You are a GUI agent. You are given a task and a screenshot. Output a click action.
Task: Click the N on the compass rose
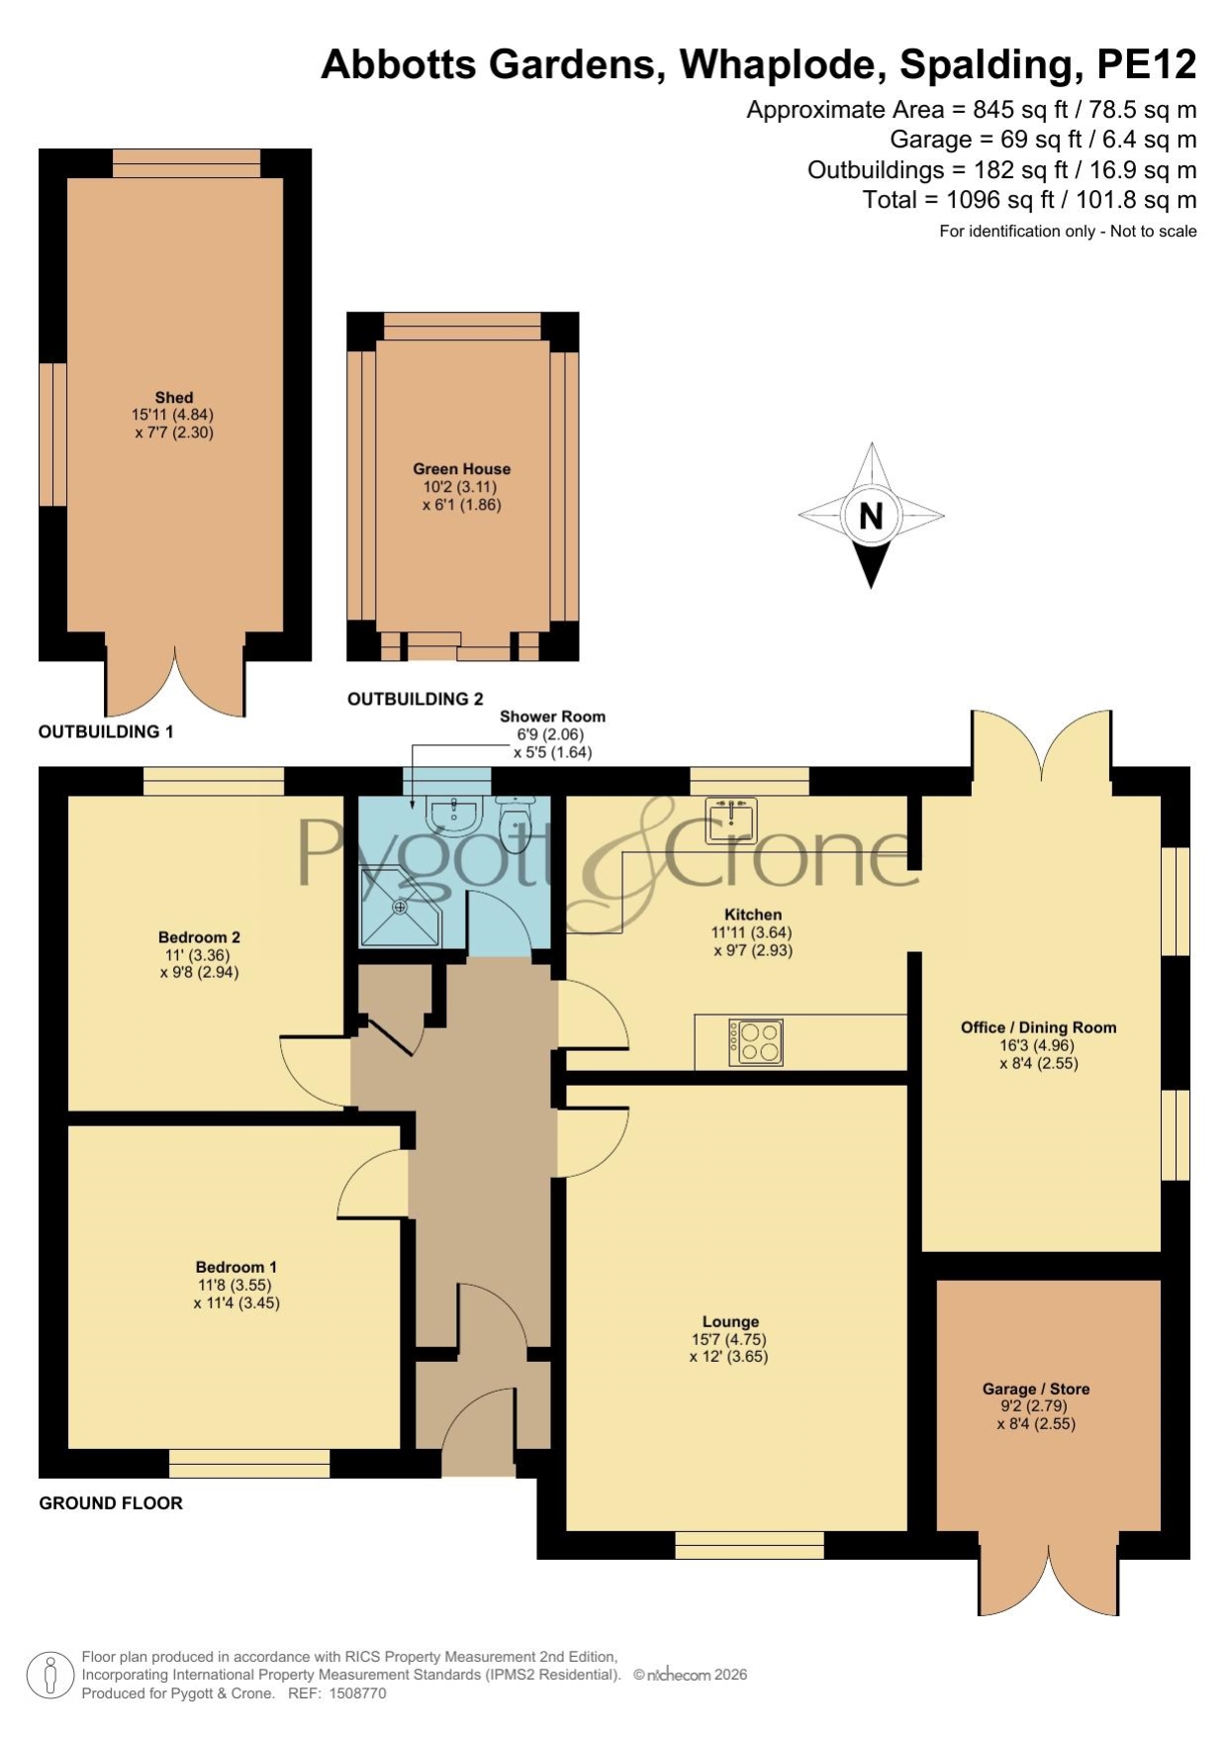click(871, 516)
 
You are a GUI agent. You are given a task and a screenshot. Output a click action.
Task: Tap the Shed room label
click(174, 398)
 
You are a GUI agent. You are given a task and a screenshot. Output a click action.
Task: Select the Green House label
click(462, 469)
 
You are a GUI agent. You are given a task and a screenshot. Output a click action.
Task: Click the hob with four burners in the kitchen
click(757, 1042)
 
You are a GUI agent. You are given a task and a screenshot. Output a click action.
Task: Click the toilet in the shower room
click(515, 819)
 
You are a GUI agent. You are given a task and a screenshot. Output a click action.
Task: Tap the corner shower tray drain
click(401, 906)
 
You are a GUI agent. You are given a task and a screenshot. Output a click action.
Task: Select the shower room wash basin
click(453, 814)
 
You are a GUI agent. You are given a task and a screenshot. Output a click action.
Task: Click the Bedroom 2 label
click(199, 937)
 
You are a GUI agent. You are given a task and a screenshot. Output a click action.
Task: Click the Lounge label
click(731, 1321)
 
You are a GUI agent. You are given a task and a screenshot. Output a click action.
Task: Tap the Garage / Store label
click(1036, 1389)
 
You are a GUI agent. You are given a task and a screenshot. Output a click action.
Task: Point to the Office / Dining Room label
click(1039, 1027)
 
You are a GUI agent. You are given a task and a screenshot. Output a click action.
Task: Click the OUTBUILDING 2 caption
click(416, 699)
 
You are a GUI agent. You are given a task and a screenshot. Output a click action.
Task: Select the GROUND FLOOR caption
click(111, 1502)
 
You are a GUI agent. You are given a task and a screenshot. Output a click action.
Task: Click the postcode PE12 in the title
click(1147, 64)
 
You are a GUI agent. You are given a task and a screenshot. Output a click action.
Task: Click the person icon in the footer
click(49, 1676)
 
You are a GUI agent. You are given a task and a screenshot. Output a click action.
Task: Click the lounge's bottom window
click(750, 1545)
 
